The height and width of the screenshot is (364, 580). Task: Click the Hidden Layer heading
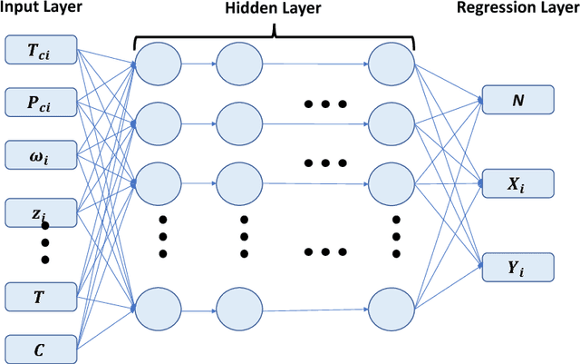(x=273, y=10)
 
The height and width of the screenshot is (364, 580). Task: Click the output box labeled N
(x=517, y=100)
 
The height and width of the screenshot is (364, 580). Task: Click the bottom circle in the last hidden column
(x=392, y=307)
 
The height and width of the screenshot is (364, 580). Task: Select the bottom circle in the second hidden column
(x=241, y=307)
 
